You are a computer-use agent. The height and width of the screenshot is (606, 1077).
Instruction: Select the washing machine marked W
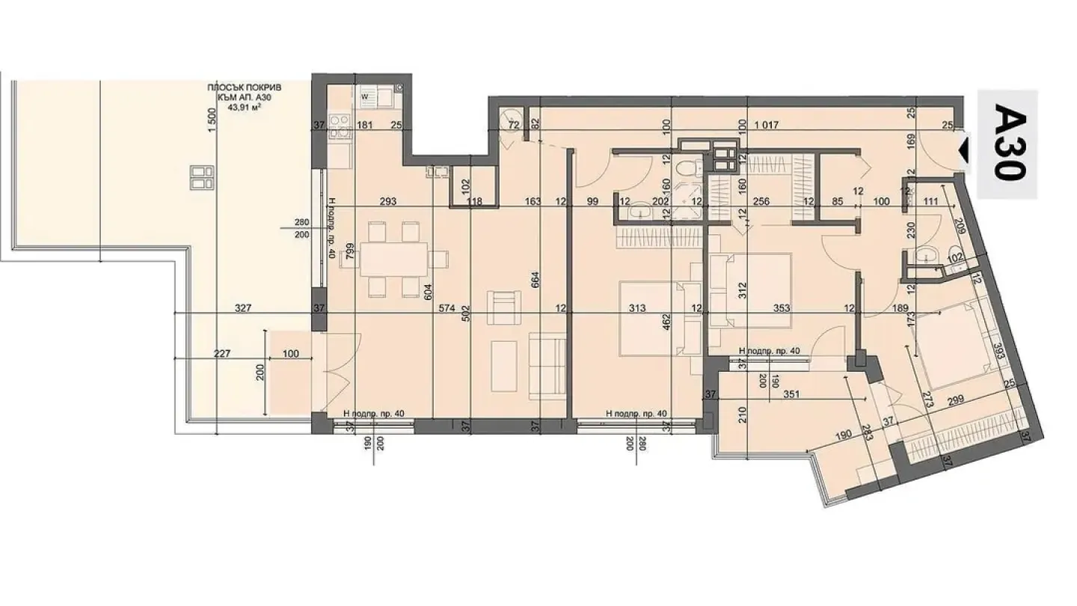pos(366,96)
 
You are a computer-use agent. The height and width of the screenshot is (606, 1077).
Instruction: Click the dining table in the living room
pos(394,260)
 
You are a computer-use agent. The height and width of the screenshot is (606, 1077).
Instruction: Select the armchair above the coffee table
pos(503,307)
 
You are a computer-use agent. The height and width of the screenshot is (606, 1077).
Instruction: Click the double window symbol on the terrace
pos(197,177)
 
